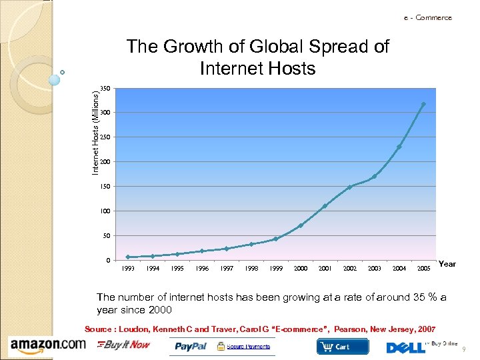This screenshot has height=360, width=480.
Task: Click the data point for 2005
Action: (423, 105)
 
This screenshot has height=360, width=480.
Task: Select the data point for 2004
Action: (399, 147)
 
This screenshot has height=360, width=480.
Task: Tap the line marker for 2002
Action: (349, 187)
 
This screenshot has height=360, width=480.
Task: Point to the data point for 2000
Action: (301, 225)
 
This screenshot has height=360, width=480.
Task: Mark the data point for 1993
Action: (128, 257)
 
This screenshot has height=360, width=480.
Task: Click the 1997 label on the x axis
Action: (227, 269)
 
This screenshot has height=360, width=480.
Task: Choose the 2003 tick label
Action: (375, 269)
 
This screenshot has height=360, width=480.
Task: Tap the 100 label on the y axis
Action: (105, 211)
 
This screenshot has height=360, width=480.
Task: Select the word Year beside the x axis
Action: (447, 264)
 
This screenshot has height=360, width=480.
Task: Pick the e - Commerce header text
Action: (427, 17)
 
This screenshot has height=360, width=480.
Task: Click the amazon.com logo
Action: (48, 345)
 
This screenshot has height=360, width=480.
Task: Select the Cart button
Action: (342, 347)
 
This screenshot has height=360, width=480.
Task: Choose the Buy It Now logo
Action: (125, 345)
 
